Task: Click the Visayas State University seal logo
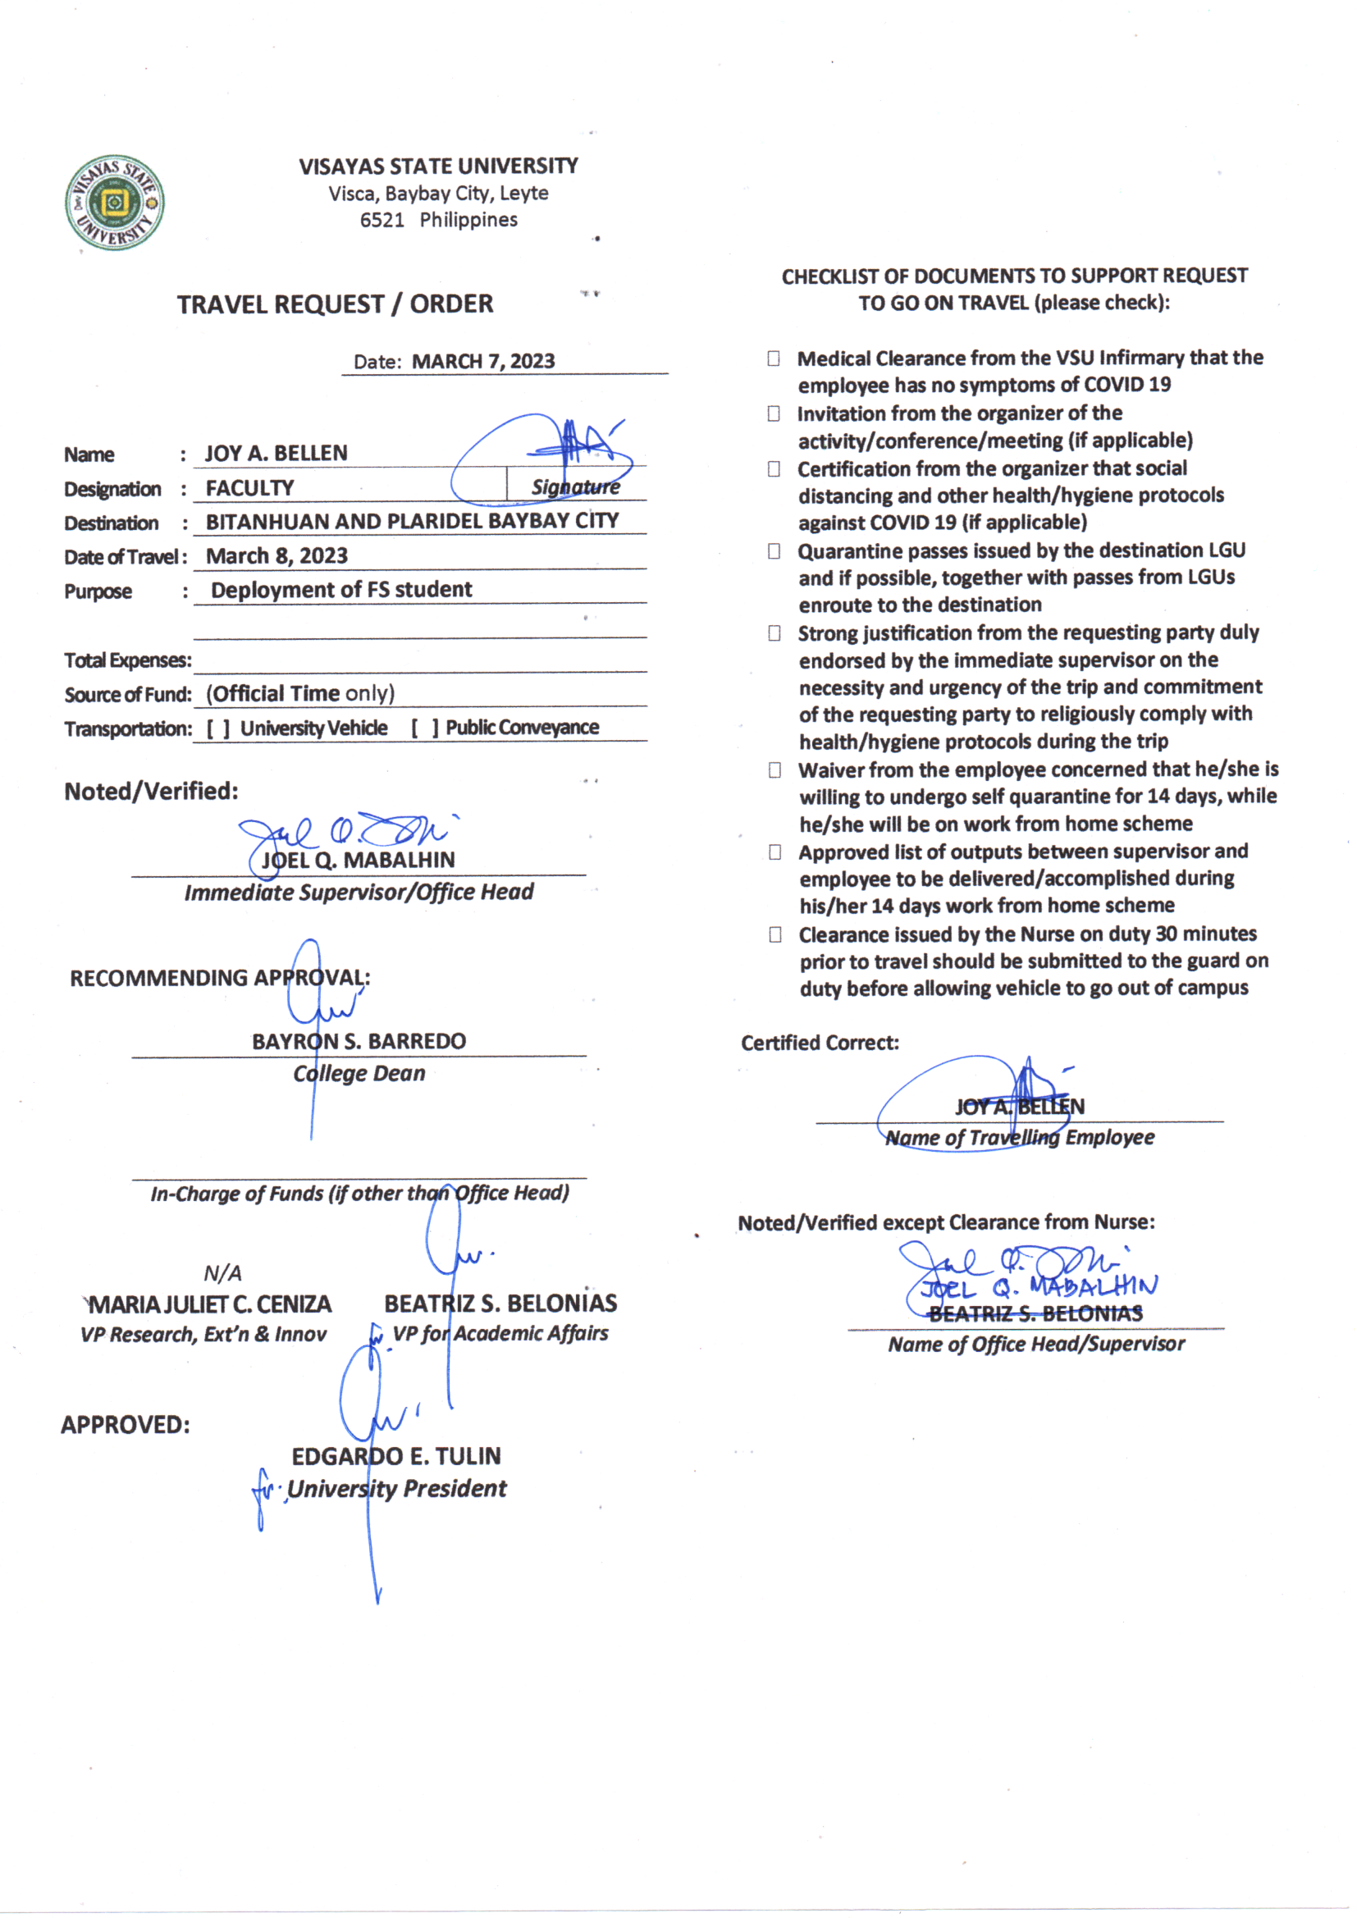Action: (x=115, y=202)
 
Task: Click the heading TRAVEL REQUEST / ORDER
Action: (x=335, y=304)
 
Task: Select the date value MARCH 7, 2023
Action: (x=483, y=362)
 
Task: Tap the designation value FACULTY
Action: (x=250, y=488)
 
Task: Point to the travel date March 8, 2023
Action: (x=276, y=556)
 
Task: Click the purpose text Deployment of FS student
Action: (x=341, y=590)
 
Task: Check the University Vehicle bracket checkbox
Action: (x=218, y=728)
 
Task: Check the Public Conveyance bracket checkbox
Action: (x=423, y=728)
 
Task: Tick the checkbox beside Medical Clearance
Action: (x=774, y=358)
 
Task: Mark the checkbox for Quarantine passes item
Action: (x=774, y=551)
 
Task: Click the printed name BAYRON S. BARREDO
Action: (x=359, y=1041)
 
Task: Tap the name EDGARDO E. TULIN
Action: (x=396, y=1456)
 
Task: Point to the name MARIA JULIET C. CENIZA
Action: (x=210, y=1304)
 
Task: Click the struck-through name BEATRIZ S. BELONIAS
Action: (x=1035, y=1314)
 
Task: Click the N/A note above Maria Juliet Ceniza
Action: (x=222, y=1273)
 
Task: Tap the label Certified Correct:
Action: (x=820, y=1043)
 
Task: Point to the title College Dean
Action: (x=359, y=1074)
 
